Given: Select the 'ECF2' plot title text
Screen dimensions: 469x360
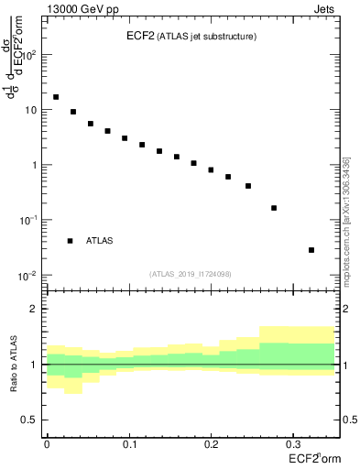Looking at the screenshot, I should pos(142,37).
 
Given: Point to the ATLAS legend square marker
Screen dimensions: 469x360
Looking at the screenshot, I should pos(70,241).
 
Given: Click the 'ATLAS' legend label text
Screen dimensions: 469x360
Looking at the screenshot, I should pos(100,241).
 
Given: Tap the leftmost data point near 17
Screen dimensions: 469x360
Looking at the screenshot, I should pos(56,97).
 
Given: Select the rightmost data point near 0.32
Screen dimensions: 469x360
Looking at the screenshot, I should pos(311,250).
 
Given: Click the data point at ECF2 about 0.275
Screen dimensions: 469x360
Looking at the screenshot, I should pos(274,208).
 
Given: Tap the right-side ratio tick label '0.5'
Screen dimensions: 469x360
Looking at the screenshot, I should pos(347,420).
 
